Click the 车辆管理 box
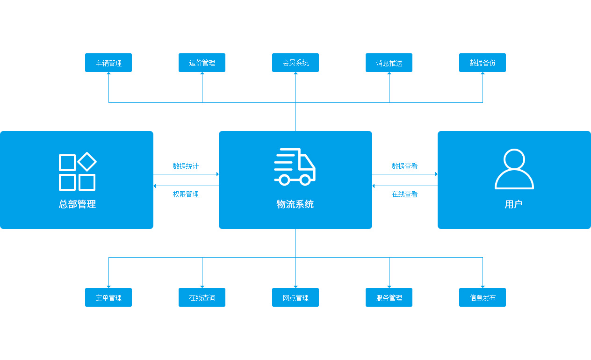(x=108, y=63)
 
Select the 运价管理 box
(x=202, y=63)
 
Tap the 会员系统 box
(x=295, y=63)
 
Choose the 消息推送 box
(x=389, y=63)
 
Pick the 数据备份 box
(x=483, y=63)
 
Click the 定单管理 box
(x=108, y=297)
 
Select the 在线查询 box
(x=202, y=297)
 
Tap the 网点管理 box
(x=295, y=297)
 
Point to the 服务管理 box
(x=389, y=297)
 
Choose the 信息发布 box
(x=483, y=297)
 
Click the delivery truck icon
(x=295, y=167)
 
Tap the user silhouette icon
(x=514, y=169)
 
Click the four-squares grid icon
(x=77, y=172)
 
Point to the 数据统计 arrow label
(x=186, y=166)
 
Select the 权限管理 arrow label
(x=186, y=194)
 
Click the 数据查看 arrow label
(x=404, y=166)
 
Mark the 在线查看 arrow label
(x=404, y=194)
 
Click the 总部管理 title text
(x=77, y=204)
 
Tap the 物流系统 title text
(x=295, y=204)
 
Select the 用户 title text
(x=513, y=204)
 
